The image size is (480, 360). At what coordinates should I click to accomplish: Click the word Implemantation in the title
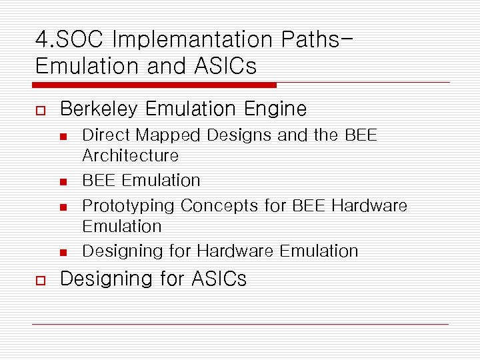tap(193, 40)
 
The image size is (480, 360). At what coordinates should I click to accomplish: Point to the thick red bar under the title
tap(155, 85)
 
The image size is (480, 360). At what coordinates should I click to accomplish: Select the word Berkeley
tap(99, 109)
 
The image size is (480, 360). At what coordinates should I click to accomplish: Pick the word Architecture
tap(131, 156)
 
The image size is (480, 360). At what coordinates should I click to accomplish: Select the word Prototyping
tap(128, 206)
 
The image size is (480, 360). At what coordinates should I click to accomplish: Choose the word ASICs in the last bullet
tap(219, 279)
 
